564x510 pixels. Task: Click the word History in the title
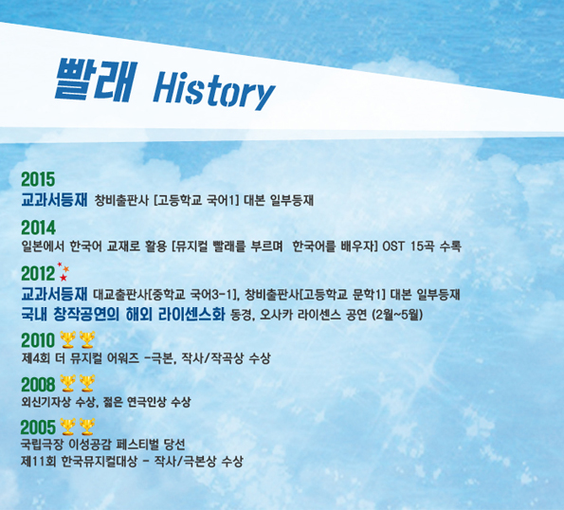click(x=214, y=90)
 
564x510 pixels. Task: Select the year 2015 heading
click(x=38, y=179)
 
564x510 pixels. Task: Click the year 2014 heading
click(x=38, y=228)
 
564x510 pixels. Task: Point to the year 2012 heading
click(x=38, y=274)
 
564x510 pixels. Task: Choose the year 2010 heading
click(x=38, y=340)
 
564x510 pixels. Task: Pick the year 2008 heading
click(x=38, y=385)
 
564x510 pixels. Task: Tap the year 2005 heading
click(x=38, y=428)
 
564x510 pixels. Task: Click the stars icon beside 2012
click(x=64, y=271)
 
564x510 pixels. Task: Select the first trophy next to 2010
click(x=67, y=340)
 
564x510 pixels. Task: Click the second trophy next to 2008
click(x=87, y=383)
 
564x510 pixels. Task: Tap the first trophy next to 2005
click(x=67, y=427)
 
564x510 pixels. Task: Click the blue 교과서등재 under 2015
click(x=54, y=200)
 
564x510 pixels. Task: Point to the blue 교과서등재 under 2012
click(x=54, y=294)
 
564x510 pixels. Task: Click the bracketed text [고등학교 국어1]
click(x=196, y=200)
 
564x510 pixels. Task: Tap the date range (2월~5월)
click(x=397, y=315)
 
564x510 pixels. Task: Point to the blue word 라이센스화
click(x=191, y=315)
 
